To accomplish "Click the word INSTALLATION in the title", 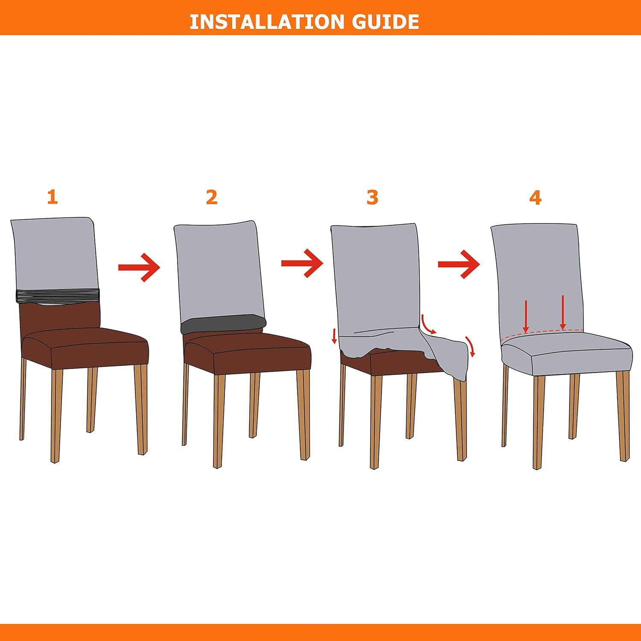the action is pyautogui.click(x=267, y=22).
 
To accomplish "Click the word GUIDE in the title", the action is pyautogui.click(x=385, y=22).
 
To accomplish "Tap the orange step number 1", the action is pyautogui.click(x=52, y=197).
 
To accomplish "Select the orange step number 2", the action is pyautogui.click(x=212, y=197).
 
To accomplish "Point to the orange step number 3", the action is pyautogui.click(x=373, y=197).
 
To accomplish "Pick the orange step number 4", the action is pyautogui.click(x=535, y=197).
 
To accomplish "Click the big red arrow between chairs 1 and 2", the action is pyautogui.click(x=139, y=268).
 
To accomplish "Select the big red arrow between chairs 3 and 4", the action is pyautogui.click(x=459, y=264).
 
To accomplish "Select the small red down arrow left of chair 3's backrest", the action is pyautogui.click(x=334, y=336).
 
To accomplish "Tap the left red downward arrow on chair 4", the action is pyautogui.click(x=526, y=316).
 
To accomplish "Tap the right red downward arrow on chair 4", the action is pyautogui.click(x=563, y=312).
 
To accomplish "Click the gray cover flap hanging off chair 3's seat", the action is pyautogui.click(x=444, y=353).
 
